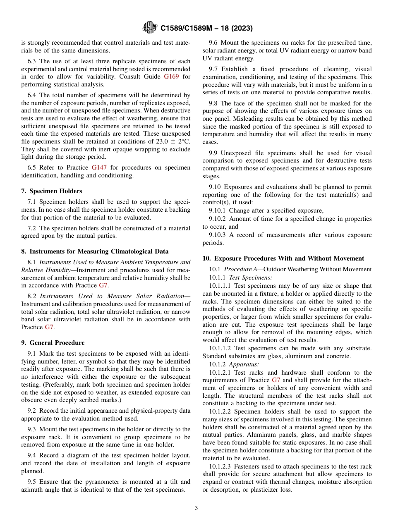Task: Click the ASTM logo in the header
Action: pos(149,28)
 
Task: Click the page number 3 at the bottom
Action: pos(196,508)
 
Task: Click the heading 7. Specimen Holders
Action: pos(51,191)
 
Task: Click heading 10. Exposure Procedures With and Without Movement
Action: pos(283,258)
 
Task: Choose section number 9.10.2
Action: pos(217,219)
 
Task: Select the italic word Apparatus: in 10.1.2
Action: pos(244,364)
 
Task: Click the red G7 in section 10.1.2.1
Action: pos(276,380)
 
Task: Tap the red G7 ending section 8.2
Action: pos(49,327)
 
